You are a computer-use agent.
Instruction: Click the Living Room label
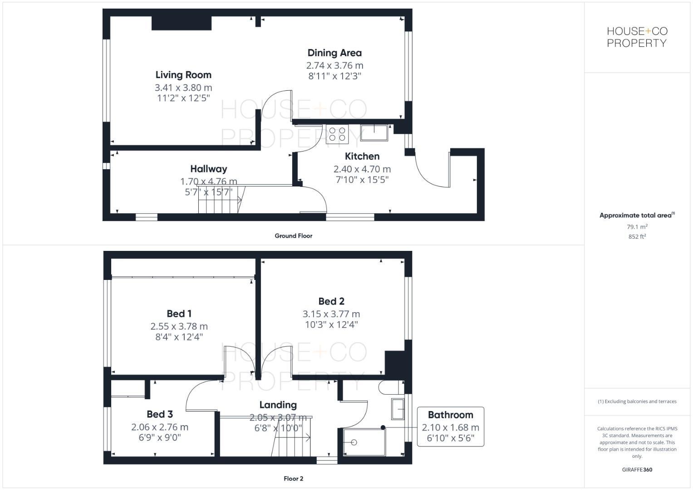[x=183, y=75]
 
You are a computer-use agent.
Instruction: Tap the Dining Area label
[x=334, y=53]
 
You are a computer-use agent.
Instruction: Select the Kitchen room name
[x=362, y=157]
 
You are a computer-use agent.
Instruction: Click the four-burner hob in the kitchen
[x=336, y=134]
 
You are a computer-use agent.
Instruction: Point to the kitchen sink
[x=374, y=132]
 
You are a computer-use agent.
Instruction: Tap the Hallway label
[x=208, y=169]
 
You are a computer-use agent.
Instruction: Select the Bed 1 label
[x=179, y=314]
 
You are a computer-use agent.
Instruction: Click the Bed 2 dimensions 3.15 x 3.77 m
[x=331, y=314]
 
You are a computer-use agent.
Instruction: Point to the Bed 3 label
[x=159, y=414]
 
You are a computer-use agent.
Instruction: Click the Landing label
[x=278, y=405]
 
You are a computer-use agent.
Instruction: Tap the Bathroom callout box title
[x=450, y=415]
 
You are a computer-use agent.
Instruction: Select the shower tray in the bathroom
[x=364, y=442]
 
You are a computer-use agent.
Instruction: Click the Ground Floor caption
[x=293, y=236]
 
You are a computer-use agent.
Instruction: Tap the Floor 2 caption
[x=293, y=479]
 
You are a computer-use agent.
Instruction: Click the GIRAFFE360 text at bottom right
[x=637, y=470]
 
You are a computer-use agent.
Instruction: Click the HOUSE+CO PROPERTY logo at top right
[x=637, y=37]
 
